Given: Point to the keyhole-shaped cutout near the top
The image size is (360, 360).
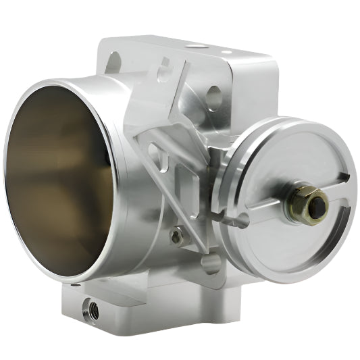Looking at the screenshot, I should click(164, 68).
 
